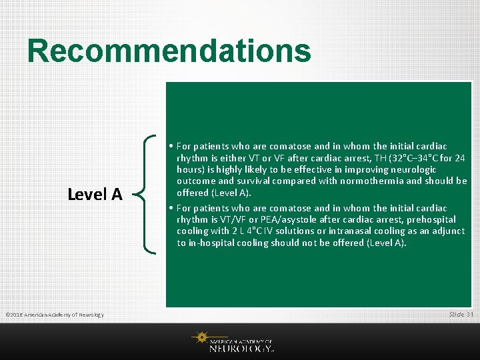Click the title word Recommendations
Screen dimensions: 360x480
[x=169, y=51]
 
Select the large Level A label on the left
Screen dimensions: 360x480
[x=95, y=194]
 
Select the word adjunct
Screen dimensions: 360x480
[x=445, y=231]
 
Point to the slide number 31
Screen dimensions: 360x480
[x=470, y=314]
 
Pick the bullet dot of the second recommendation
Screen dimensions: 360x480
[x=171, y=208]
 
